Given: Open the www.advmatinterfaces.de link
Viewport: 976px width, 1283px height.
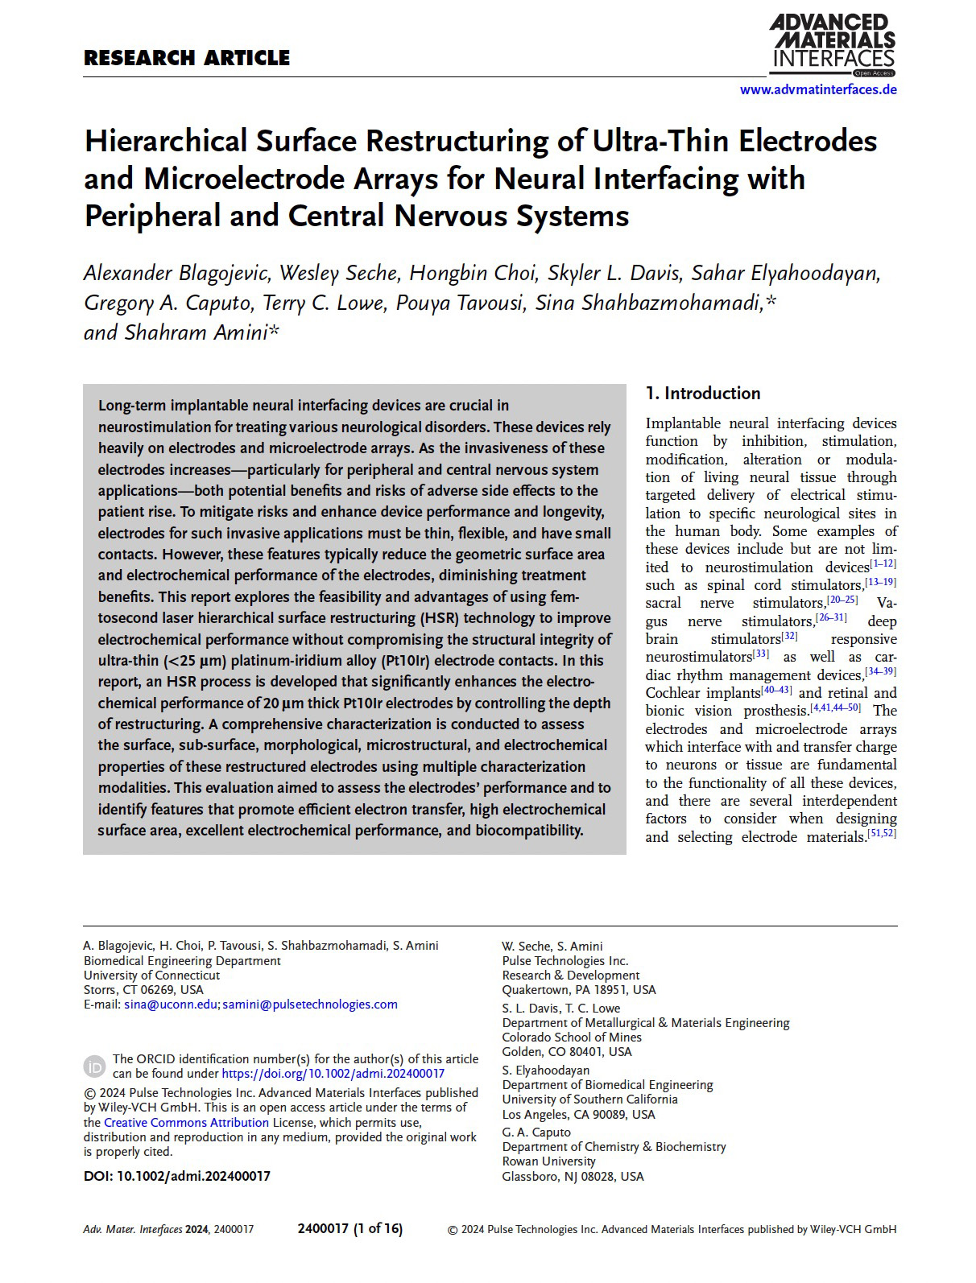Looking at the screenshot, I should click(x=817, y=90).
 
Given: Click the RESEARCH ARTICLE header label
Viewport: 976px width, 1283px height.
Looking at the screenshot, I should click(x=187, y=58).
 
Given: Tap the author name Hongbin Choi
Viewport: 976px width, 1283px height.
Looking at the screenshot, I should click(x=473, y=274).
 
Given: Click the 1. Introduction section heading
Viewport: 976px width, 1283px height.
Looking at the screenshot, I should click(x=703, y=394).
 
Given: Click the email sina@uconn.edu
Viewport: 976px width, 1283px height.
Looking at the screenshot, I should click(x=171, y=1005).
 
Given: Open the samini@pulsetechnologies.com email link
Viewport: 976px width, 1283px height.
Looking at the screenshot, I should click(x=310, y=1005).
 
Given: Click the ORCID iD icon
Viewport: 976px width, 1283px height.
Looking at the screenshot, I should click(x=94, y=1066).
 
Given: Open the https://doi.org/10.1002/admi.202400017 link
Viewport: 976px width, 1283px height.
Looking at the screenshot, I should click(x=333, y=1074).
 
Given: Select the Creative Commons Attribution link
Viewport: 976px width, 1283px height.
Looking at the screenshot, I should click(x=186, y=1123).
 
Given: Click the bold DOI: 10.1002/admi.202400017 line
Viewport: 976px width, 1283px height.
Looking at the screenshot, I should click(x=177, y=1176).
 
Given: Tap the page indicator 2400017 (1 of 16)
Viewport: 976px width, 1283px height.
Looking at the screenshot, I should click(x=350, y=1229).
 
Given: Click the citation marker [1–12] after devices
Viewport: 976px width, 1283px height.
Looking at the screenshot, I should click(x=883, y=564).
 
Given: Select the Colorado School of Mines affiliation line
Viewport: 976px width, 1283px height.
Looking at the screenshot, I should click(x=572, y=1038).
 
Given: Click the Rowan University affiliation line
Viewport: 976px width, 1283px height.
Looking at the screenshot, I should click(x=549, y=1161).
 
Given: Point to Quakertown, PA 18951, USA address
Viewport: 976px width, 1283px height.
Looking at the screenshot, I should click(x=579, y=990).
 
